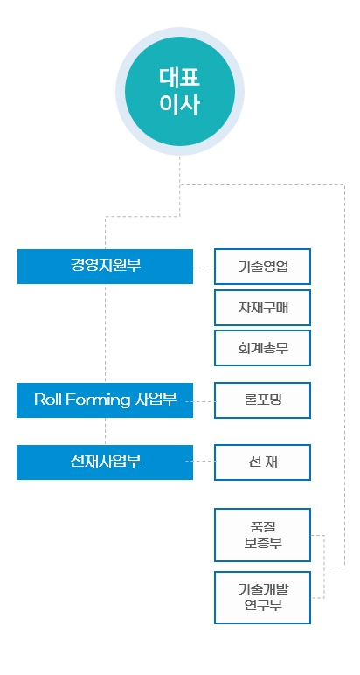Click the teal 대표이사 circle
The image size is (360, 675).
point(180,91)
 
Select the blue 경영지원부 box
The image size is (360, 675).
point(105,267)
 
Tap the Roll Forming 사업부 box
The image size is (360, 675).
point(105,400)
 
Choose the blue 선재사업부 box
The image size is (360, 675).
point(105,462)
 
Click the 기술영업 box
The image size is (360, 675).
point(262,267)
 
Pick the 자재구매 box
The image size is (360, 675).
point(262,308)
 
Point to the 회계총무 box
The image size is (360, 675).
point(262,348)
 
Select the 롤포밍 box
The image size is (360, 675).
point(262,400)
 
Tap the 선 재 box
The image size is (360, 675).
point(262,462)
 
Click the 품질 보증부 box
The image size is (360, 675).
point(262,534)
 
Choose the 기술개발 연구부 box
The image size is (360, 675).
point(262,597)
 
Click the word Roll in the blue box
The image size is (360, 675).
point(48,400)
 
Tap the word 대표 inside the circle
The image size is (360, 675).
point(180,78)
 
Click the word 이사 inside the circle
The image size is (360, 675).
point(180,104)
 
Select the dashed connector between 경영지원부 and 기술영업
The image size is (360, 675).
point(204,268)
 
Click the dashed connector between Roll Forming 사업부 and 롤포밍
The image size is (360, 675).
point(200,401)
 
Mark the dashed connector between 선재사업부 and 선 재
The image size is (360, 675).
point(200,461)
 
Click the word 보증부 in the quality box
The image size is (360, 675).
point(262,543)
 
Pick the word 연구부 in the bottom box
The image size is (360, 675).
point(262,605)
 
